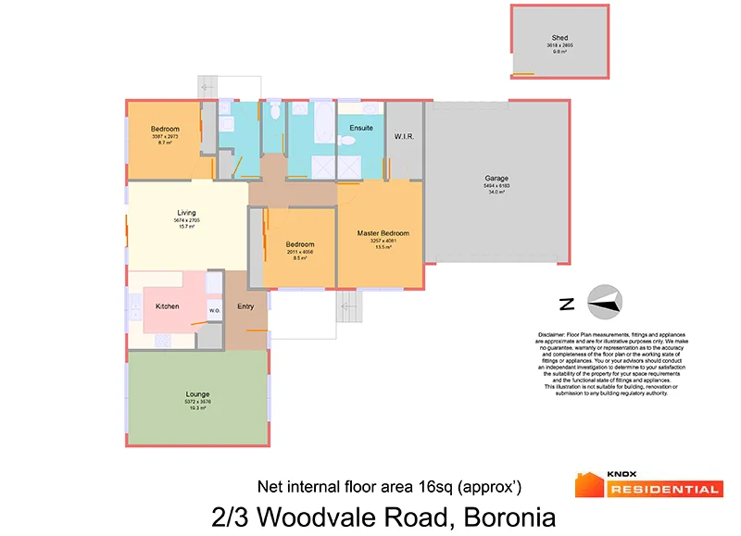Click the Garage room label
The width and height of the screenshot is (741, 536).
point(496,179)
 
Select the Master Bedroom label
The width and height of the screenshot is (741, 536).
point(383,232)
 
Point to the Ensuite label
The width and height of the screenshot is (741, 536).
point(361,128)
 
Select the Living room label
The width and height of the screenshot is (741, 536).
point(186,213)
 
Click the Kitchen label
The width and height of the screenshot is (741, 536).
point(167,306)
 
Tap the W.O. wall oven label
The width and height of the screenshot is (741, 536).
point(214,310)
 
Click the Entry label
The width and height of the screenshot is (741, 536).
point(245,306)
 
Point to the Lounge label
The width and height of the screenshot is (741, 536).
point(198,394)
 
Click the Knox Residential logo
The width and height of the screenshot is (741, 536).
point(647,484)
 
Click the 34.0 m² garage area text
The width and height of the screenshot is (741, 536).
point(496,192)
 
